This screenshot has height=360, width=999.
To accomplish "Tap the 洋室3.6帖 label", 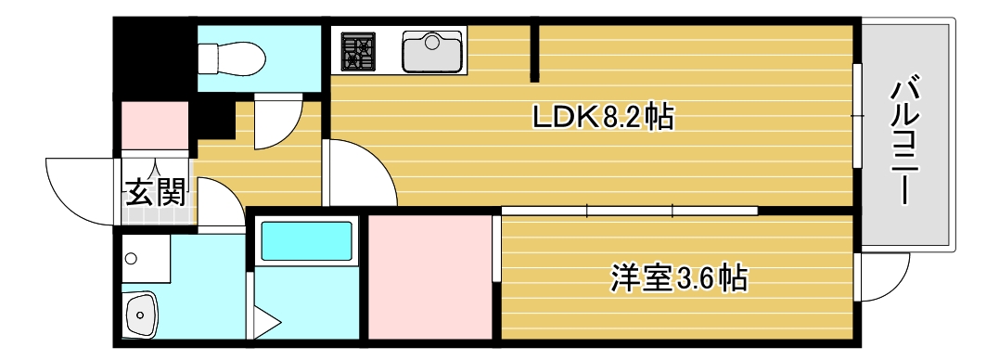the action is click(679, 277).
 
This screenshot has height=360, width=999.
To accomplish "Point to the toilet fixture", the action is click(232, 58).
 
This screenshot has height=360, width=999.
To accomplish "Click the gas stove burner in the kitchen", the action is click(356, 51).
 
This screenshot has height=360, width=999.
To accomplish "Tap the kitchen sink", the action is click(432, 51).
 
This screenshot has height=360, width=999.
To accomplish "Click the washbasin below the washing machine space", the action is click(142, 315).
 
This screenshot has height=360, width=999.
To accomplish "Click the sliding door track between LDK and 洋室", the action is click(630, 212).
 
